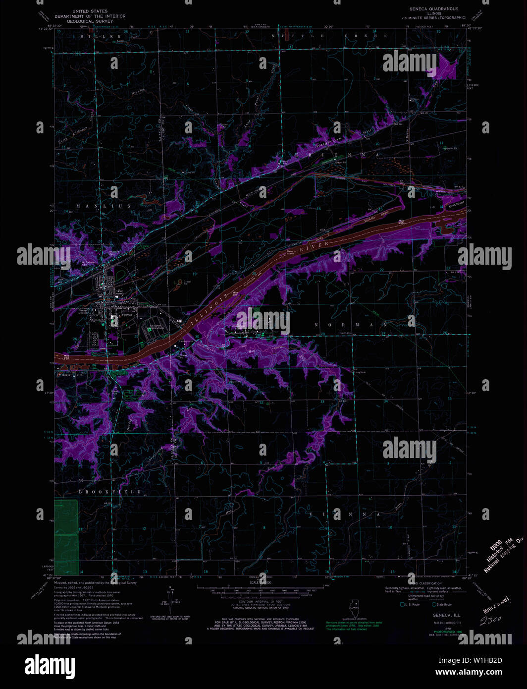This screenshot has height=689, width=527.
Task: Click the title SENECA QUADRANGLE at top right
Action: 433,9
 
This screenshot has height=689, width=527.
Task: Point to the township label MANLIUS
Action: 104,206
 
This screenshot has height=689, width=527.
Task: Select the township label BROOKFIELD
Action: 110,492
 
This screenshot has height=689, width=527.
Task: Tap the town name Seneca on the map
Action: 126,314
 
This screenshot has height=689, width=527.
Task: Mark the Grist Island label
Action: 456,204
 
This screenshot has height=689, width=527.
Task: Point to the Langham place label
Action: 360,372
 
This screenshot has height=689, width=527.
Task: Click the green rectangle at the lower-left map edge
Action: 66,537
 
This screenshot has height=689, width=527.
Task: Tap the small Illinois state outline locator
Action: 354,607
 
